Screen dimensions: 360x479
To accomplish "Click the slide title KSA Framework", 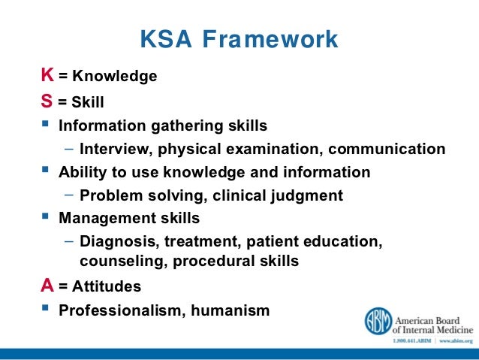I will point(239,38).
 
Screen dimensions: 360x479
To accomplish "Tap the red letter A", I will point(47,286).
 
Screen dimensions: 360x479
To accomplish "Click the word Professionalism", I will point(119,310).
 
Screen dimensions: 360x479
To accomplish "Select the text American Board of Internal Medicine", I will point(434,322).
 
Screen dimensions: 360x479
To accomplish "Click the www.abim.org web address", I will point(453,342).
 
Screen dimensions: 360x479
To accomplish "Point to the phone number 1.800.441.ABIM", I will point(411,342).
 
